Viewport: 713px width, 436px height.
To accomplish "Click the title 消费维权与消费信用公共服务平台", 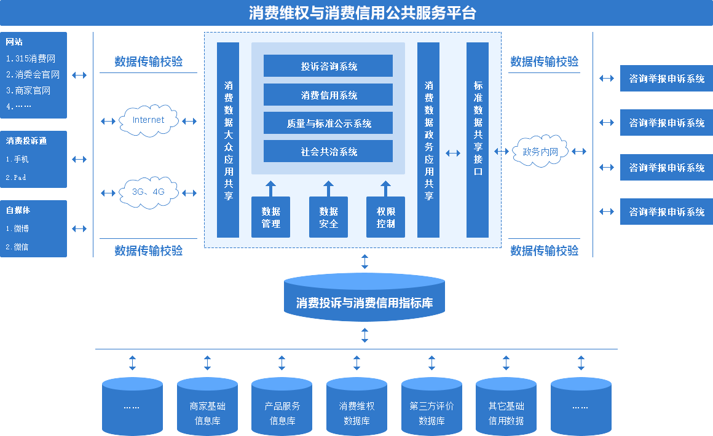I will point(362,13).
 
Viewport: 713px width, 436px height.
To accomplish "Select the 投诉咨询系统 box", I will point(328,66).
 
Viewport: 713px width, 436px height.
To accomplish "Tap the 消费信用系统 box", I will point(328,95).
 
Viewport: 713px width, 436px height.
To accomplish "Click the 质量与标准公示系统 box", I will point(328,123).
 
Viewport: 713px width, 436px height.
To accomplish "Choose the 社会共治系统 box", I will point(328,151).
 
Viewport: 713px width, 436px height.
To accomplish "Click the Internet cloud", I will point(148,120).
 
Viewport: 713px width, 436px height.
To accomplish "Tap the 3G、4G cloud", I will point(148,191).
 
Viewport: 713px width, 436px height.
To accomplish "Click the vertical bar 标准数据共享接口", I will point(478,139).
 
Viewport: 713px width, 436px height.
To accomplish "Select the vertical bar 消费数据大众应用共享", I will point(228,139).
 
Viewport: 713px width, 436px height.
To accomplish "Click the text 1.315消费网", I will point(31,59).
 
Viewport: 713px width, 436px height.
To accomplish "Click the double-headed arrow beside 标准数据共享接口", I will point(453,153).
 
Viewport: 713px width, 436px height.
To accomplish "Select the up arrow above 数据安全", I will point(328,187).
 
